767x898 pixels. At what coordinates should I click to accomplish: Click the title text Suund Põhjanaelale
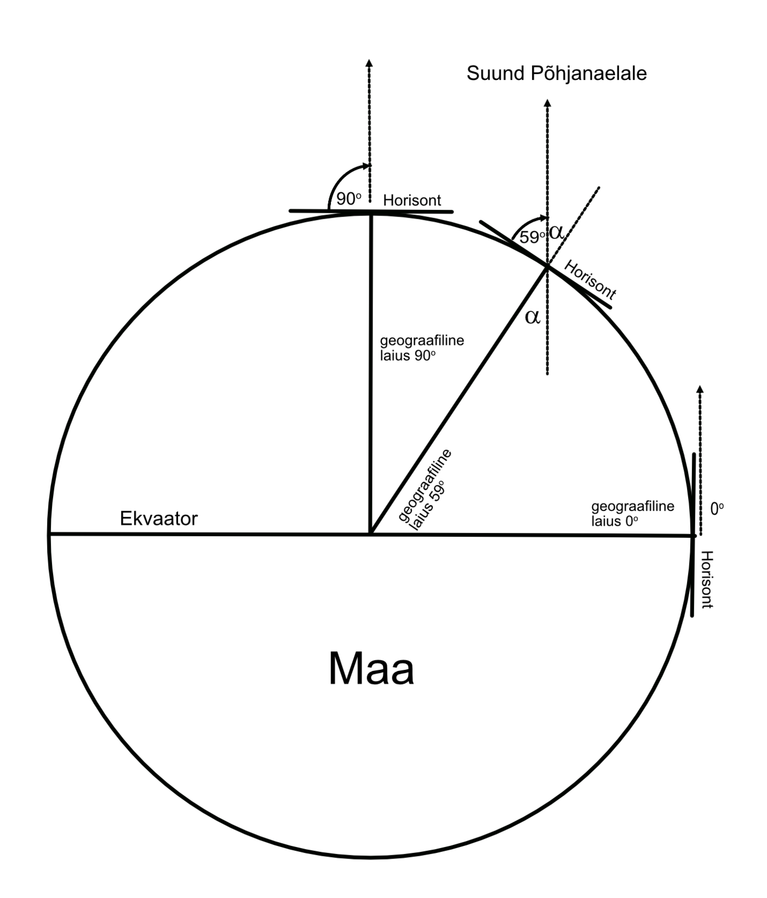click(x=556, y=73)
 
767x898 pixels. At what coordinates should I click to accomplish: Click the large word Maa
click(x=371, y=669)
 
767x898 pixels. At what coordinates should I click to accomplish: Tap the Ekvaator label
click(x=158, y=518)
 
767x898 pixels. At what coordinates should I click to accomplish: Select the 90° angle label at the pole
click(x=348, y=199)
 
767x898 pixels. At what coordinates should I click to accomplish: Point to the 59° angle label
click(x=532, y=238)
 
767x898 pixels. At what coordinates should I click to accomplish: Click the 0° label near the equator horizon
click(x=717, y=509)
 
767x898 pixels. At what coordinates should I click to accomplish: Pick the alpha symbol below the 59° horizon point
click(x=533, y=316)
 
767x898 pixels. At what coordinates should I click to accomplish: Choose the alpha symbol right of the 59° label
click(x=556, y=232)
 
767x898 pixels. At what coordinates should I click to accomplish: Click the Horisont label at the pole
click(x=412, y=200)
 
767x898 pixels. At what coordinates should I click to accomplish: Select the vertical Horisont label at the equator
click(x=707, y=579)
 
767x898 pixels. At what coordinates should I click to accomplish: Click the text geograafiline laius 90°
click(x=422, y=348)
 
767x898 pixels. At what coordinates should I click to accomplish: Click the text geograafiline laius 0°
click(x=632, y=513)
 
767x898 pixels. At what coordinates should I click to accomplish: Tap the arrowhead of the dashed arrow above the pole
click(x=369, y=62)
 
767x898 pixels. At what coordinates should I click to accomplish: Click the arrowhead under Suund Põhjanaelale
click(x=547, y=103)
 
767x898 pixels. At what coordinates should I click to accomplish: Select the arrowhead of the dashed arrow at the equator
click(x=700, y=389)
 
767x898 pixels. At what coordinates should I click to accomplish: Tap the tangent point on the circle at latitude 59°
click(x=547, y=266)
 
